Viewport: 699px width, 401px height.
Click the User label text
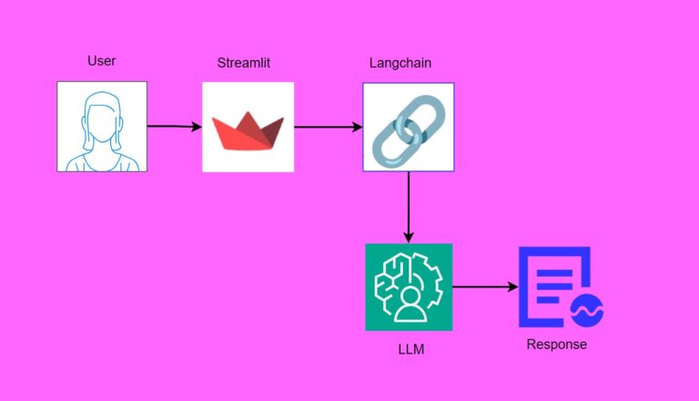click(101, 61)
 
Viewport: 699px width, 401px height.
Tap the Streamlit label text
click(244, 63)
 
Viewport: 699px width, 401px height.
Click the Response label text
click(557, 344)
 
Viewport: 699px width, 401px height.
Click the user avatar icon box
click(102, 127)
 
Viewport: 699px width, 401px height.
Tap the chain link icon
click(408, 127)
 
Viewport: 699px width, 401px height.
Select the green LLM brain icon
click(408, 287)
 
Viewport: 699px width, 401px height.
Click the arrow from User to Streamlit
click(174, 127)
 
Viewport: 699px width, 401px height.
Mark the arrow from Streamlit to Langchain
click(328, 127)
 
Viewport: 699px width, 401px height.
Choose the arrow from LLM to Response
click(484, 287)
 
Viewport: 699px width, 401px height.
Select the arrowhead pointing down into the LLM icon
click(408, 236)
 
